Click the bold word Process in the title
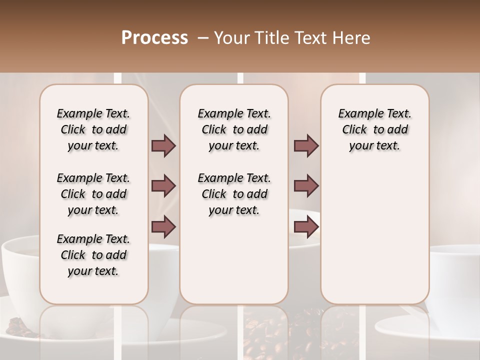click(x=154, y=38)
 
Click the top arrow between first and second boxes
click(x=163, y=145)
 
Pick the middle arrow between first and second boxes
click(x=163, y=186)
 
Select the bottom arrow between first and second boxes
click(x=163, y=226)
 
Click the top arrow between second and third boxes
click(x=306, y=145)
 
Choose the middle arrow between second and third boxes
click(x=306, y=186)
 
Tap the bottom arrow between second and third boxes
click(x=306, y=226)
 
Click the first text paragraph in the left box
click(x=93, y=129)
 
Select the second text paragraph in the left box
click(x=93, y=194)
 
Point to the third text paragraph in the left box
click(x=93, y=255)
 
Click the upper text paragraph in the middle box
click(x=234, y=129)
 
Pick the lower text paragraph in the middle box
click(x=234, y=194)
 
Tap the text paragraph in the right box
click(x=374, y=129)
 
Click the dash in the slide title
click(x=203, y=38)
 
